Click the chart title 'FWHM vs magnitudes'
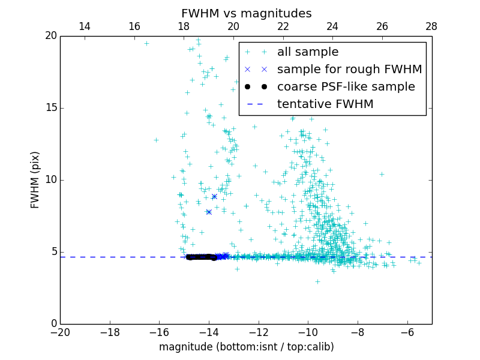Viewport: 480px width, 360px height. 246,13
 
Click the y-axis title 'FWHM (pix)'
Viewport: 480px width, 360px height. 35,179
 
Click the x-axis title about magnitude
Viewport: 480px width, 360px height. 246,347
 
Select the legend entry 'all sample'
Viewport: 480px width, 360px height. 308,52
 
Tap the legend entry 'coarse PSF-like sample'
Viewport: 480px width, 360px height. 346,87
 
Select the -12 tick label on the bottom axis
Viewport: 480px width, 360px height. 259,333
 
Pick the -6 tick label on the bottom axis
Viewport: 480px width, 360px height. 407,333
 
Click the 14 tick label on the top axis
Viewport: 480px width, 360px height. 85,26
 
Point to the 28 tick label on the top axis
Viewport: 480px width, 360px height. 431,26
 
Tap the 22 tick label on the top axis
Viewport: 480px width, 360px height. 283,26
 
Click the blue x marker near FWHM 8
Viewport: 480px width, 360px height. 209,212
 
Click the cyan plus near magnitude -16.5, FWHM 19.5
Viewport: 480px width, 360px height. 146,43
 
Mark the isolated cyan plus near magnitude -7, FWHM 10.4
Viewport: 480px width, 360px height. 382,174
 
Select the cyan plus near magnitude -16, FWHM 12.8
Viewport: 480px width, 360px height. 156,140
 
